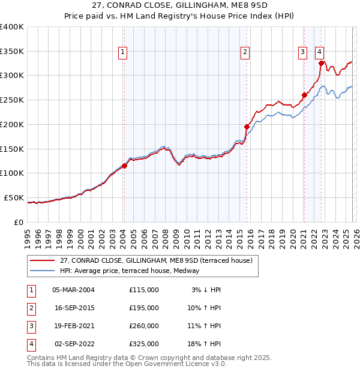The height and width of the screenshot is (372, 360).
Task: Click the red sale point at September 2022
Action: [x=321, y=63]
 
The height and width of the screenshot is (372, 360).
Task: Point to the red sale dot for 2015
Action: [x=247, y=127]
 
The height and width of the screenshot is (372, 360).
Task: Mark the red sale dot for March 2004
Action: [x=124, y=166]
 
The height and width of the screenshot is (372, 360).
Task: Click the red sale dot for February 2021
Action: [x=304, y=95]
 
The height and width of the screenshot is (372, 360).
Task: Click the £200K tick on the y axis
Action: [x=12, y=124]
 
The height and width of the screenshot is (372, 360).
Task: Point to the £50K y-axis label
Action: [x=13, y=197]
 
